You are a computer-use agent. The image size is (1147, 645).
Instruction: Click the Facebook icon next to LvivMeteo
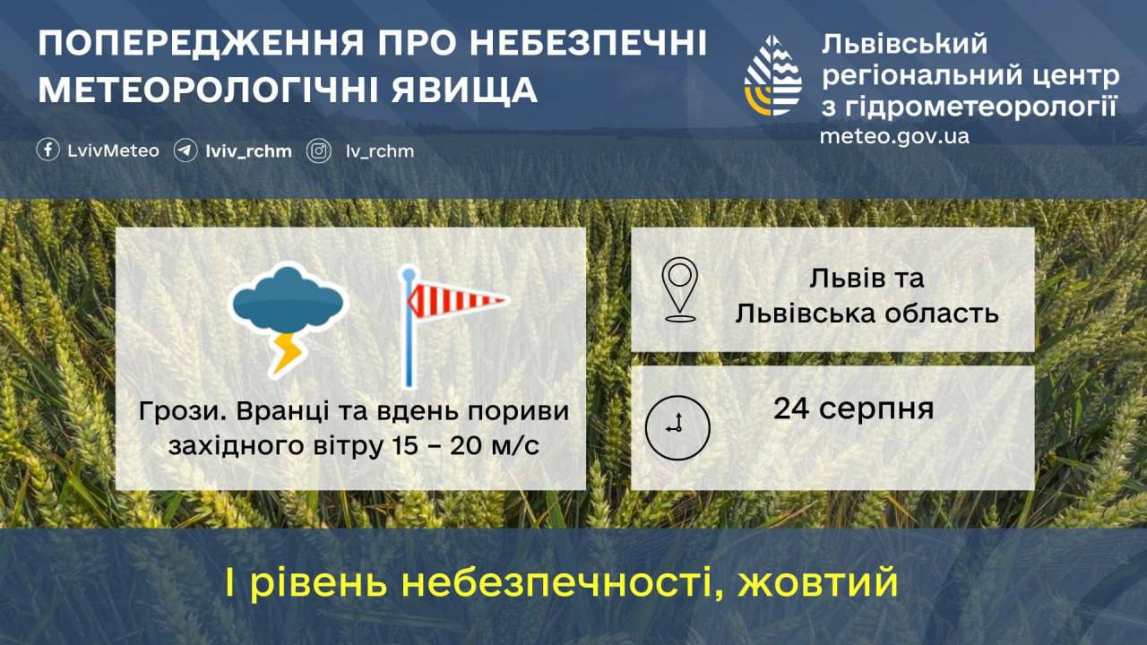coord(47,150)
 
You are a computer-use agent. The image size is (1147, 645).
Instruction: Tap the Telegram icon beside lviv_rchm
coord(185,150)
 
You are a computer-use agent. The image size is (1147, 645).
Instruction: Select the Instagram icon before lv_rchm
coord(318,151)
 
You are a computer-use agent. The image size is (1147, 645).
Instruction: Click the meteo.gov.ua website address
coord(894,136)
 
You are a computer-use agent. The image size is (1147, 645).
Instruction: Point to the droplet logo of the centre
coord(772,75)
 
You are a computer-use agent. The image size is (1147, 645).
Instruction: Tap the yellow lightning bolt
coord(288,354)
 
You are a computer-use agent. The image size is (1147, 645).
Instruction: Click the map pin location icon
coord(679,289)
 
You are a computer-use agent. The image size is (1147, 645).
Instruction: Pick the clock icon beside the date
coord(677,427)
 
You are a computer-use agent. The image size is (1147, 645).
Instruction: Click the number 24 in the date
coord(791,408)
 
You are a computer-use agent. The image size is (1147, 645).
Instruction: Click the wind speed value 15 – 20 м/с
coord(465,445)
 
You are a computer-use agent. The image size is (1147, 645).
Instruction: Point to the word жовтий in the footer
coord(818,582)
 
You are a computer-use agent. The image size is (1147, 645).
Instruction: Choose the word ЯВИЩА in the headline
coord(465,90)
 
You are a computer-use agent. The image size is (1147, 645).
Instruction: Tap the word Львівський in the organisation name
coord(904,44)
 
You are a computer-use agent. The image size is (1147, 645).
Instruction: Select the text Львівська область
coord(867,314)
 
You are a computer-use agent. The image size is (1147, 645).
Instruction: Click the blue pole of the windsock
coord(409,328)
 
